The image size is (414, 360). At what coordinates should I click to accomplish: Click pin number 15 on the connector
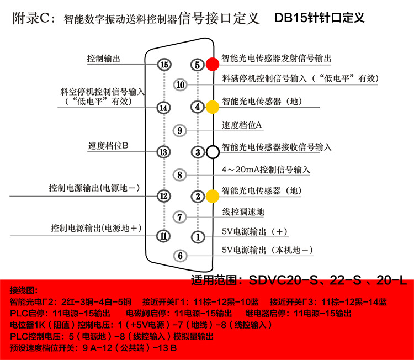[163, 65]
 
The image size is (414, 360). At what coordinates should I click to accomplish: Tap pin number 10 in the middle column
[181, 85]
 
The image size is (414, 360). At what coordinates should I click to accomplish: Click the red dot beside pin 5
[213, 64]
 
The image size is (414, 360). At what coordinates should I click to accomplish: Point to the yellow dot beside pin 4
[213, 107]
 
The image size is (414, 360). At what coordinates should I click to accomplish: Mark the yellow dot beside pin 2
[213, 195]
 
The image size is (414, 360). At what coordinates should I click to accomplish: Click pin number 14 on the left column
[163, 108]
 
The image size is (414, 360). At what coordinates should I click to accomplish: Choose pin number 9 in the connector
[181, 130]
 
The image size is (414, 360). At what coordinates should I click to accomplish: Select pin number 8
[181, 174]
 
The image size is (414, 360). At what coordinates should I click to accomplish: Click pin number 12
[163, 195]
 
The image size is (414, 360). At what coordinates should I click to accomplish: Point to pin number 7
[181, 216]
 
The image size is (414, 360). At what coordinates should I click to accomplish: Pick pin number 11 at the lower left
[163, 236]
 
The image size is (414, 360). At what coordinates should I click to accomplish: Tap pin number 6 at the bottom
[181, 256]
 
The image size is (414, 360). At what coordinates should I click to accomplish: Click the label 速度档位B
[108, 146]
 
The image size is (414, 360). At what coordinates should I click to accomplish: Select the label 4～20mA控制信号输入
[266, 170]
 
